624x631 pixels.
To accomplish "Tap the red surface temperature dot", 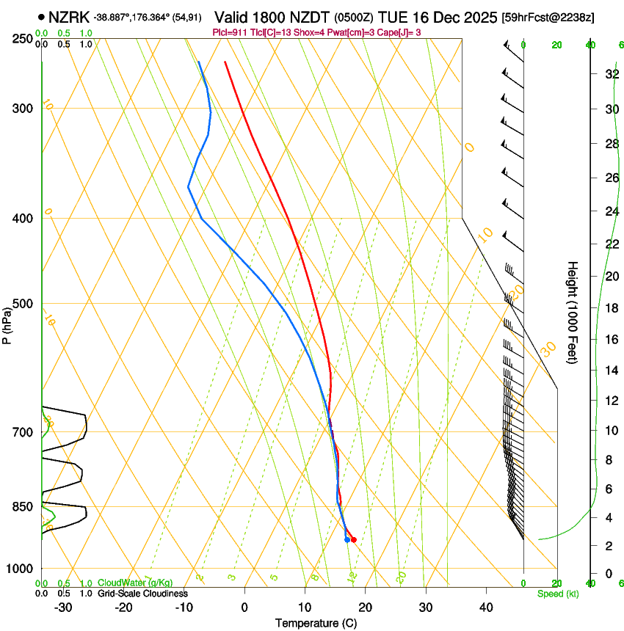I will point(354,540).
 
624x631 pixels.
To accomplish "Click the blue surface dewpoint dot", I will point(347,540).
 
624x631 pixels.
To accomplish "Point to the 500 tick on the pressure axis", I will point(24,304).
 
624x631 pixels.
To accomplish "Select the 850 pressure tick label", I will point(24,506).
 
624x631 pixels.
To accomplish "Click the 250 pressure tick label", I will point(24,38).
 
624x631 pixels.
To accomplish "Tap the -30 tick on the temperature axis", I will point(63,608).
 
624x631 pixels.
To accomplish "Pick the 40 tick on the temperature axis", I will point(486,608).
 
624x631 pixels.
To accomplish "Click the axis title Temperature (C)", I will point(316,624).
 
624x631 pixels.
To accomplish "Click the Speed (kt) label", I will point(557,594).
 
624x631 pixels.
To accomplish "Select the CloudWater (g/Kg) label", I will point(136,583).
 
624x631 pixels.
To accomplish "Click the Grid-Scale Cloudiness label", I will point(142,594).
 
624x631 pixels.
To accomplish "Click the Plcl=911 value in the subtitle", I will point(229,32).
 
